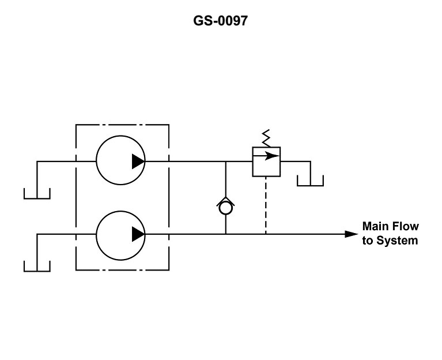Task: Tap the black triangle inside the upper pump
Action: point(138,162)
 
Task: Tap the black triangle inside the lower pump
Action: point(138,234)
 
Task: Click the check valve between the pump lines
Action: point(225,207)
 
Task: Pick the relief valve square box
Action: point(266,162)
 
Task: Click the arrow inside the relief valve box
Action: point(266,156)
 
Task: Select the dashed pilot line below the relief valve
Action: point(266,205)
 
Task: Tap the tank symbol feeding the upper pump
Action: point(37,194)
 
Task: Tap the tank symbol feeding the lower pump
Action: point(37,267)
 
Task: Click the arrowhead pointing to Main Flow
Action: point(352,234)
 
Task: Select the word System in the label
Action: point(397,241)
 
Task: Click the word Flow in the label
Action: point(406,226)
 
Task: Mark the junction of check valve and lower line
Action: point(225,234)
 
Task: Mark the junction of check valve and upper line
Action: point(225,162)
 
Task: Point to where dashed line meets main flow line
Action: point(266,234)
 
